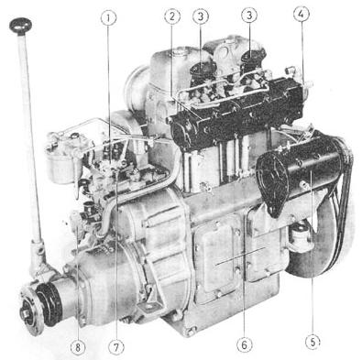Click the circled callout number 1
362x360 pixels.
click(x=108, y=18)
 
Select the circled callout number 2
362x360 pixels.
click(x=172, y=17)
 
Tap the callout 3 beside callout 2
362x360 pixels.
click(x=201, y=17)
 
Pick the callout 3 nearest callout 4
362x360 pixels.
click(x=249, y=16)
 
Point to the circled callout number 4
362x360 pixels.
click(x=302, y=15)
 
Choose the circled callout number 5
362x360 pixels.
click(x=313, y=341)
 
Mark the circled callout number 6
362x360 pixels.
click(x=245, y=344)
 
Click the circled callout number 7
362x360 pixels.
click(x=116, y=346)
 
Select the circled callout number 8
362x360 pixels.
click(x=78, y=346)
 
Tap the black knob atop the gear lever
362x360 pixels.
click(x=20, y=25)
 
